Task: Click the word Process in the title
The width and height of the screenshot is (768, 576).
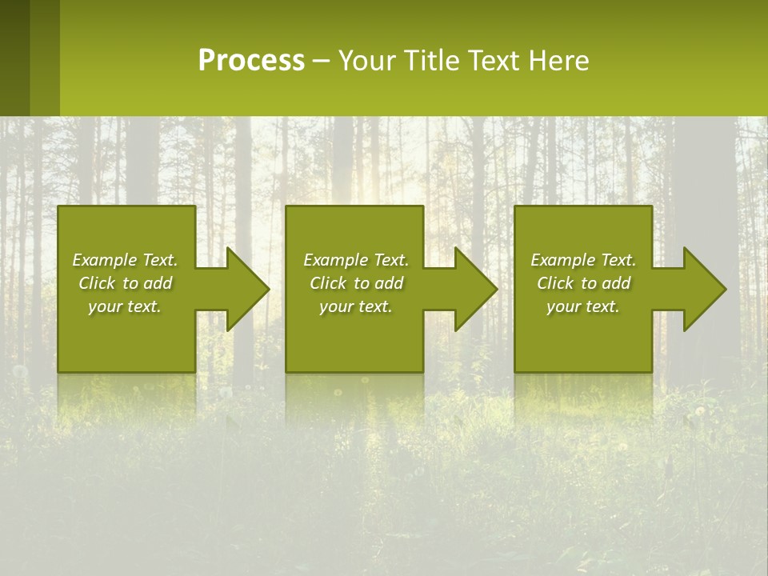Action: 251,61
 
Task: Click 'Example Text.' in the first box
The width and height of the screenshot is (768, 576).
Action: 125,260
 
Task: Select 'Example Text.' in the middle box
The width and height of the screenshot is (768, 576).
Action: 355,260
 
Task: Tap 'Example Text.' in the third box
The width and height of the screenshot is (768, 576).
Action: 583,260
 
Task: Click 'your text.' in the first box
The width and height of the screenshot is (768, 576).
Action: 125,306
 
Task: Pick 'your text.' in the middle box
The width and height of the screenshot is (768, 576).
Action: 355,306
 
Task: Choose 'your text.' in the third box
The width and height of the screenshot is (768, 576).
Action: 583,306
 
